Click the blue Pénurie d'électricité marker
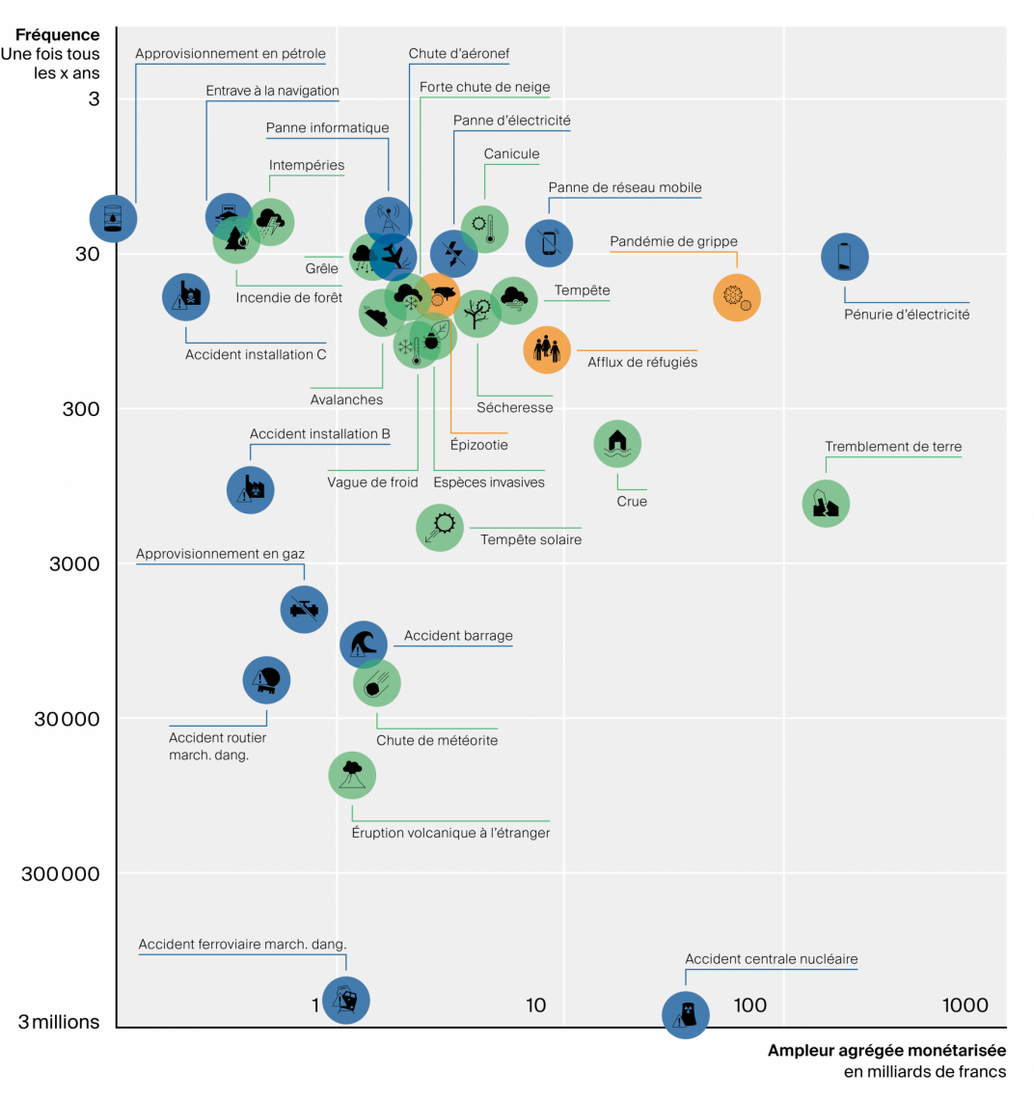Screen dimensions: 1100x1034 [845, 258]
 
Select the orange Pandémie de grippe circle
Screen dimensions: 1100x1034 [737, 297]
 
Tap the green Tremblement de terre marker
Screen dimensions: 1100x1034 [826, 504]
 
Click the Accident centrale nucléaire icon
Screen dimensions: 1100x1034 [686, 1014]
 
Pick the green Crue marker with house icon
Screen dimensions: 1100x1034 [617, 444]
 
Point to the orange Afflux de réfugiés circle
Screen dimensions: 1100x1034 [547, 349]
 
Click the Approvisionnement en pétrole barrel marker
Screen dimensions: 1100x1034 [114, 219]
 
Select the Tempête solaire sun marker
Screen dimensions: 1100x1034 [440, 527]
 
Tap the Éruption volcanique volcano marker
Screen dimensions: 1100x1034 [352, 774]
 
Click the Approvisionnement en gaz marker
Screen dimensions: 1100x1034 [304, 609]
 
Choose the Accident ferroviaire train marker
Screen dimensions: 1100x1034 [345, 1000]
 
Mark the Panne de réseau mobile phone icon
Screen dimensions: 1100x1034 [549, 242]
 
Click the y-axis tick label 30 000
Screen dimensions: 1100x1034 [67, 719]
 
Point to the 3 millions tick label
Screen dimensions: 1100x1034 [59, 1022]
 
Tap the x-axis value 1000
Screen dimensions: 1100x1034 [965, 1005]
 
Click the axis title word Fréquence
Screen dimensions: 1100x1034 [57, 35]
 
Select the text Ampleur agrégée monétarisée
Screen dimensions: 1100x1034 [885, 1051]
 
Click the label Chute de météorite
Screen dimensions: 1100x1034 [437, 741]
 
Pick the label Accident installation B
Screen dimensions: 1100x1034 [319, 434]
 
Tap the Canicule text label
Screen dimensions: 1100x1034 [511, 153]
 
